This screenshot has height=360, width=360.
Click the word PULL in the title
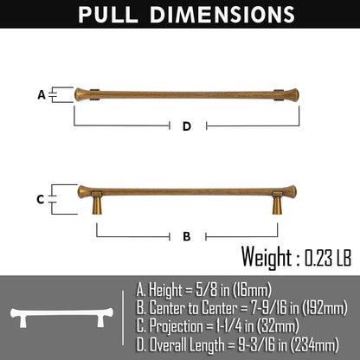(108, 15)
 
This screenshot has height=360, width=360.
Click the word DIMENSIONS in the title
(222, 15)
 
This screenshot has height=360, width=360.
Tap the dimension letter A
(42, 95)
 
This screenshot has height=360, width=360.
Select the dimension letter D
(187, 126)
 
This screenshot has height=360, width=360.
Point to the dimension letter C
(41, 199)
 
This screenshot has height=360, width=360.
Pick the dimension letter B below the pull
(187, 236)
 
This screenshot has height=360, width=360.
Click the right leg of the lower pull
(277, 202)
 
